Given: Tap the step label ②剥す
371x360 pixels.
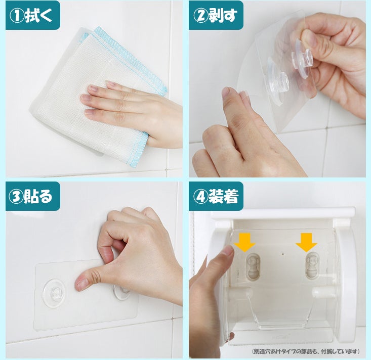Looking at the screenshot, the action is [x=215, y=16].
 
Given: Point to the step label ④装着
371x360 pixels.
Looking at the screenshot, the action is [x=216, y=196].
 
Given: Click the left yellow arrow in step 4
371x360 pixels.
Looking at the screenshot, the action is [x=244, y=242].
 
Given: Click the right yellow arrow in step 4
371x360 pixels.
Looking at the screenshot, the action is [x=306, y=242].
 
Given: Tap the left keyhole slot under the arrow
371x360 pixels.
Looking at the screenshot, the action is [x=253, y=266].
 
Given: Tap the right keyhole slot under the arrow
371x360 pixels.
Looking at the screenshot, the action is [x=312, y=265].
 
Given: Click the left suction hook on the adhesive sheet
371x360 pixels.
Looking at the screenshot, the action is [x=54, y=293].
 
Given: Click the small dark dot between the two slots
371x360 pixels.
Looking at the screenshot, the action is [x=283, y=254].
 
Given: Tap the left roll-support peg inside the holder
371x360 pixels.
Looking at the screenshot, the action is [x=246, y=292].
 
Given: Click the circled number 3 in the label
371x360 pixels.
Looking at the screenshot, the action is [x=16, y=197].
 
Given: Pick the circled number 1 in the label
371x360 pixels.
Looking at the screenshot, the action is [x=16, y=16].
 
